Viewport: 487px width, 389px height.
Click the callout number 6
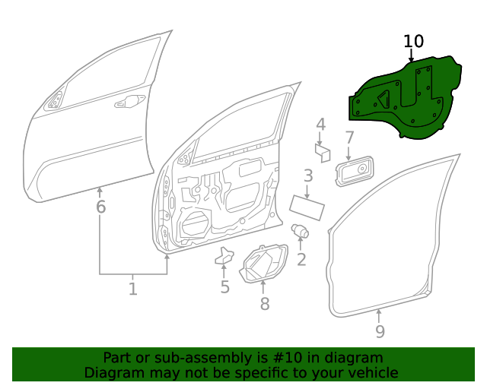[100, 207]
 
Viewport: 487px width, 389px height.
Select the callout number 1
[132, 289]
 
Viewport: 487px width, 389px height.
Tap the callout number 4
[321, 125]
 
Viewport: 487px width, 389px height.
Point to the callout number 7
[349, 138]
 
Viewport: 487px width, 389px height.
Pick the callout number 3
[307, 176]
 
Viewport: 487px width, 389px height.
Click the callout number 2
[301, 260]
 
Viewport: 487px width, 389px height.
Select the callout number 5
[224, 287]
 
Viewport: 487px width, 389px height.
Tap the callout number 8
[264, 304]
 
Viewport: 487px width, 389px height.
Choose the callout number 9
[380, 331]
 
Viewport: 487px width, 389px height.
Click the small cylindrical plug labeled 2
[300, 230]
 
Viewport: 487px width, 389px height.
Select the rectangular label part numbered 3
[307, 206]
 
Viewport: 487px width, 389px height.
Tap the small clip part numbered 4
[322, 153]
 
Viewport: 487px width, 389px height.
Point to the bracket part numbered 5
[224, 256]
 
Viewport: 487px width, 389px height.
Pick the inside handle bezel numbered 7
[355, 172]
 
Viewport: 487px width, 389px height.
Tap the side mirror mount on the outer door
[56, 100]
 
